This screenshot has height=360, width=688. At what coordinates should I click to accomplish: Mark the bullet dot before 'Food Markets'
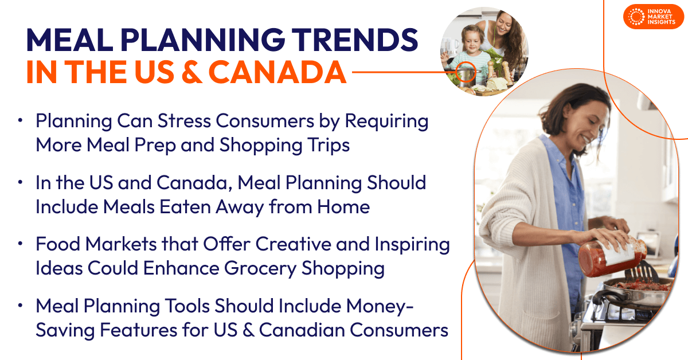(21, 244)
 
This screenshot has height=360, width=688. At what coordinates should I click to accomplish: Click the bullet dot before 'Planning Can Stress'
(21, 121)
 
